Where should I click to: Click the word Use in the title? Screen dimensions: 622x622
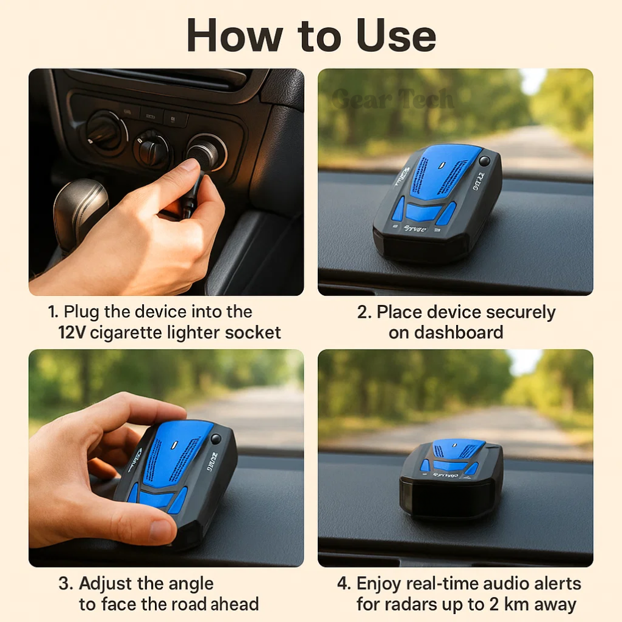coord(388,36)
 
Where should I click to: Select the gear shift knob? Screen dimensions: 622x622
coord(80,207)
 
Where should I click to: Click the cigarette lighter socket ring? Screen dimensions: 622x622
coord(207,151)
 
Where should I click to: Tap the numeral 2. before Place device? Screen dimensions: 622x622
coord(364,312)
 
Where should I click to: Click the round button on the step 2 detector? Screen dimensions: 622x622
coord(484,161)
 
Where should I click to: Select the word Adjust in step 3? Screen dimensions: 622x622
coord(107,584)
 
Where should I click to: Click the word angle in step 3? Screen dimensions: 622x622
coord(191,584)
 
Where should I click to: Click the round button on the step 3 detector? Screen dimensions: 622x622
coord(216,438)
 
